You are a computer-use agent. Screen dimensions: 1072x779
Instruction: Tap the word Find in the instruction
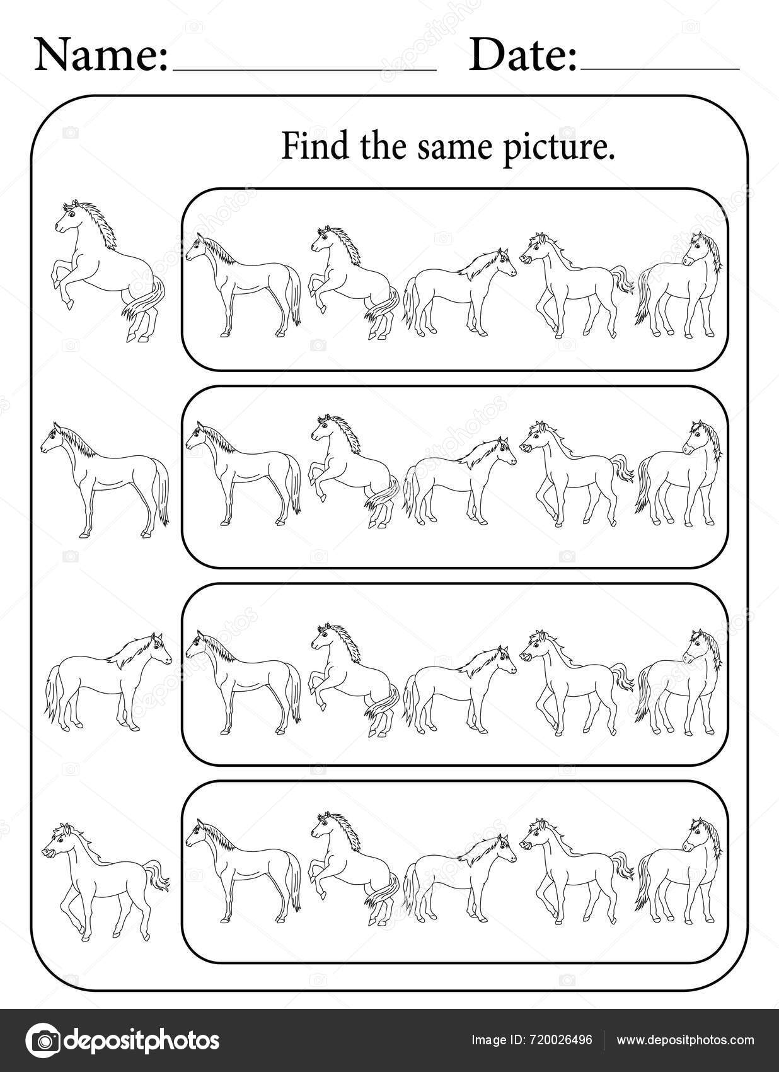pos(306,147)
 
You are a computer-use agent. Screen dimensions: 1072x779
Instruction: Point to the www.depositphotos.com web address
pos(685,1040)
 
